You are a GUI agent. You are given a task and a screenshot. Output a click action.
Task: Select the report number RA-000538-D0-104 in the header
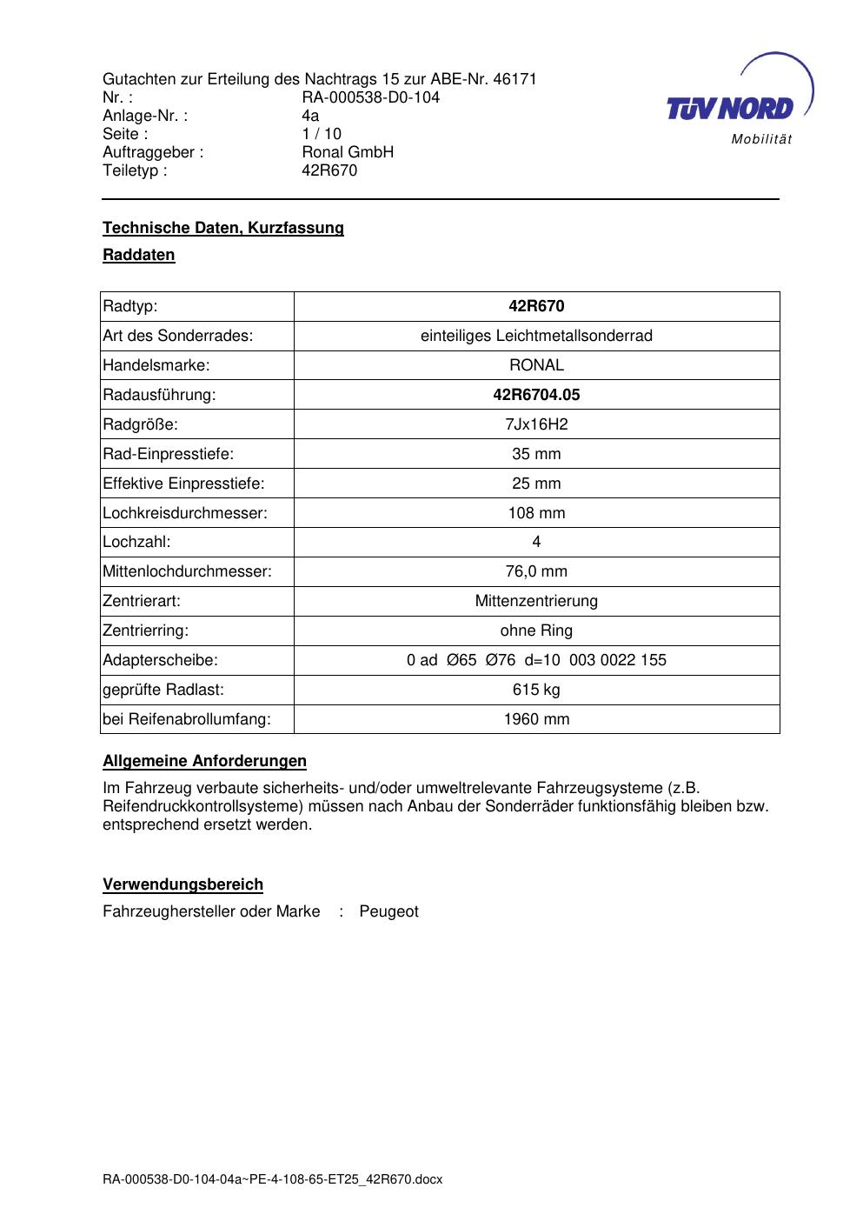pyautogui.click(x=370, y=97)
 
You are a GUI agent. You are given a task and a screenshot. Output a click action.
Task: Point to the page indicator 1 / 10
pyautogui.click(x=322, y=134)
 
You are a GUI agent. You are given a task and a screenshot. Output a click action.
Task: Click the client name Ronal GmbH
pyautogui.click(x=348, y=152)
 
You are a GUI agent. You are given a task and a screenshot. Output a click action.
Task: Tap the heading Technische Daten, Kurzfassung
pyautogui.click(x=223, y=228)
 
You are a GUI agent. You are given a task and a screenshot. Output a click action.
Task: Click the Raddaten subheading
pyautogui.click(x=139, y=256)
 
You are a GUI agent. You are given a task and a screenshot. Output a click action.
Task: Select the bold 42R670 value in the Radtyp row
pyautogui.click(x=536, y=306)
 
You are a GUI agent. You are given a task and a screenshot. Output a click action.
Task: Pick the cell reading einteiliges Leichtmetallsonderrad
pyautogui.click(x=536, y=336)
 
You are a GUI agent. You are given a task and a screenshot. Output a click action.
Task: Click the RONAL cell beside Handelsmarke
pyautogui.click(x=536, y=365)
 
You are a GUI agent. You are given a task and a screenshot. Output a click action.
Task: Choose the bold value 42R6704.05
pyautogui.click(x=536, y=395)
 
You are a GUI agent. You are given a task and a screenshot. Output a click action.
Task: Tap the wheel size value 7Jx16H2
pyautogui.click(x=536, y=424)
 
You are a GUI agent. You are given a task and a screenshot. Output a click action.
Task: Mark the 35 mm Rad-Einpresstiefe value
pyautogui.click(x=536, y=454)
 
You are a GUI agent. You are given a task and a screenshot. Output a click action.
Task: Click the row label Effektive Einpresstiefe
pyautogui.click(x=183, y=484)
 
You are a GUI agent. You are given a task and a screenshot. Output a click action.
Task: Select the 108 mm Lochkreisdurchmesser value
pyautogui.click(x=536, y=513)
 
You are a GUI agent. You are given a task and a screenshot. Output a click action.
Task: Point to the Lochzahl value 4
pyautogui.click(x=536, y=542)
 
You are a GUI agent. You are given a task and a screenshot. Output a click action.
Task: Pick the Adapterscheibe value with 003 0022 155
pyautogui.click(x=536, y=660)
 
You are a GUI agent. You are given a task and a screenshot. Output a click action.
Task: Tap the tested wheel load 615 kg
pyautogui.click(x=536, y=690)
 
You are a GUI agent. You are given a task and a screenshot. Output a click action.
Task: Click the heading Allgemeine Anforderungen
pyautogui.click(x=204, y=762)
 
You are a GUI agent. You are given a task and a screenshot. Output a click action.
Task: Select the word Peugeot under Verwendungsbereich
pyautogui.click(x=388, y=911)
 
